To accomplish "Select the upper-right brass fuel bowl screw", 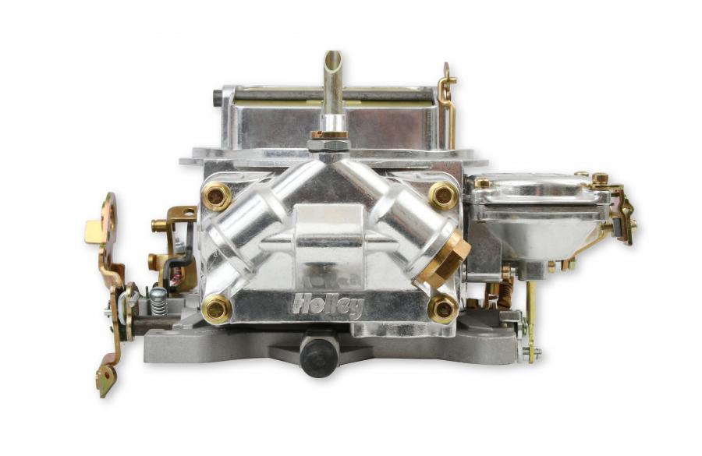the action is tap(443, 196).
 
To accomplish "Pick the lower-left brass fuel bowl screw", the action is tap(217, 309).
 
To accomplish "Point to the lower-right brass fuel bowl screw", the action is tap(443, 309).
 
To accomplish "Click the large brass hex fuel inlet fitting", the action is tap(446, 258).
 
